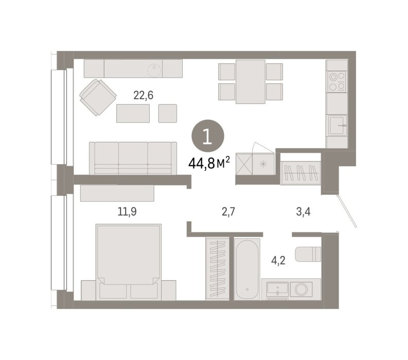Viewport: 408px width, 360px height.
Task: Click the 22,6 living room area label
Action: [x=143, y=96]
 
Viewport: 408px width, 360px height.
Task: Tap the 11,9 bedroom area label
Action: [x=127, y=212]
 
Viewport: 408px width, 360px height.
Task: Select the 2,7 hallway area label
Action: [x=228, y=212]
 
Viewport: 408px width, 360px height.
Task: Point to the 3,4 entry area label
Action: [x=303, y=212]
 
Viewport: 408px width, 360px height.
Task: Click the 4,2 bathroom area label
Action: [x=278, y=260]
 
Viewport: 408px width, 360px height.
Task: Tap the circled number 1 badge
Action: [x=208, y=136]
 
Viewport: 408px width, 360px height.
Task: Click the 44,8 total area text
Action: [x=209, y=163]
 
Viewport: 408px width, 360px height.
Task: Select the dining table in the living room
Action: [x=251, y=82]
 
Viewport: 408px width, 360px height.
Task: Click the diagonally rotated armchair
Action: [x=98, y=97]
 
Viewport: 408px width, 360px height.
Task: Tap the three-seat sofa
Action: [x=133, y=158]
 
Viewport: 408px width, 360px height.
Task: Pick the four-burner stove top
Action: [x=337, y=81]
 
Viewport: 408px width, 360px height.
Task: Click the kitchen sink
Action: [x=337, y=125]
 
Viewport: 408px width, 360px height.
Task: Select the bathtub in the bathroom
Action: [x=247, y=269]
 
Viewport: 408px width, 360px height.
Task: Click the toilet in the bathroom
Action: [x=308, y=254]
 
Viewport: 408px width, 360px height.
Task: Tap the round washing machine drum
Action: [x=301, y=289]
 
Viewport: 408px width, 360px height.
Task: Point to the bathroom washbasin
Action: [x=278, y=290]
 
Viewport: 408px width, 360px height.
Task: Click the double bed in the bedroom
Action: [x=129, y=262]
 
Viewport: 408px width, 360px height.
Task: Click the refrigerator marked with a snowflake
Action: [x=263, y=164]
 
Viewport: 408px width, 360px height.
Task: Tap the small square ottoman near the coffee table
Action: [x=168, y=114]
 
